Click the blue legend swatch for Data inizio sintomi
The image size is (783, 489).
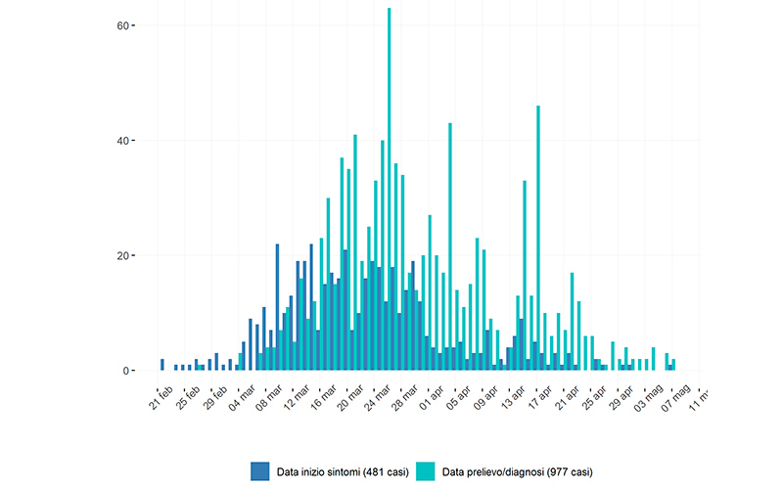(259, 470)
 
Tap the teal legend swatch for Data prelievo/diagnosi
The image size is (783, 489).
(425, 470)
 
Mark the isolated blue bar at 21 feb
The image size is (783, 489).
(162, 365)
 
